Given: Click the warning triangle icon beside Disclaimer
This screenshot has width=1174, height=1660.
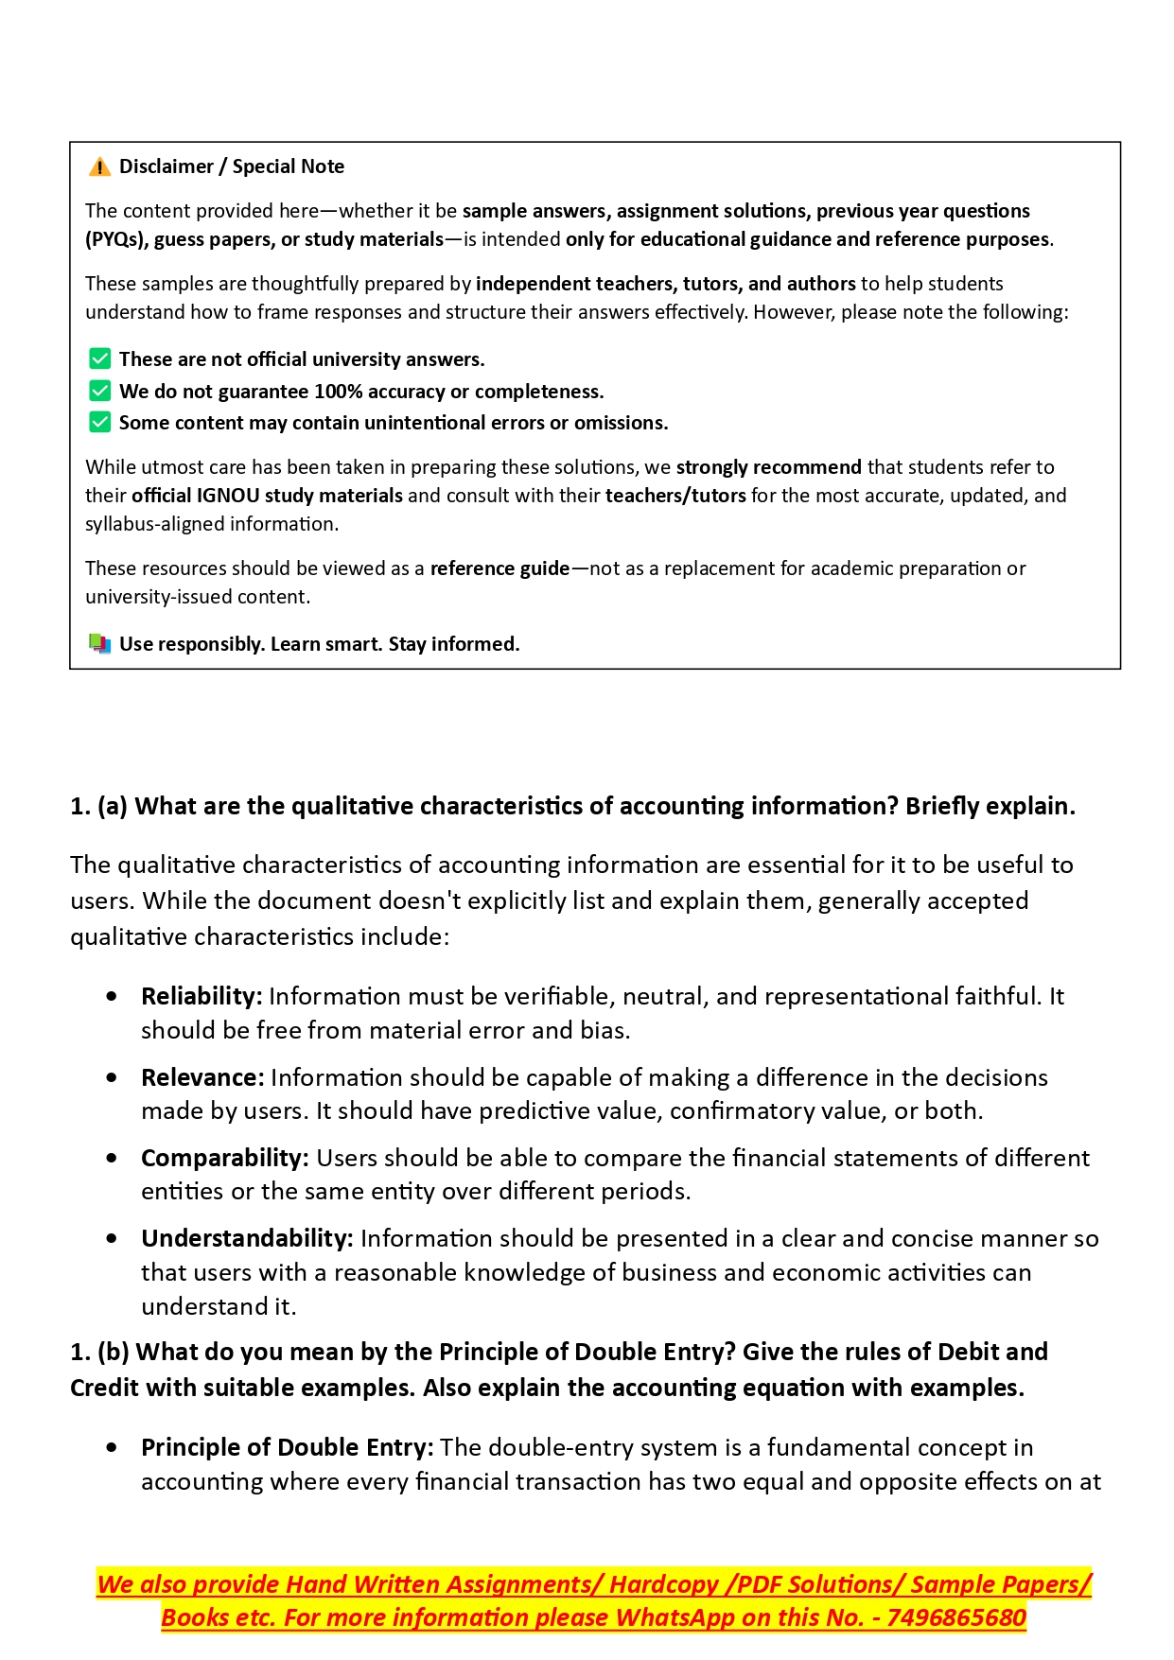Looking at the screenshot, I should (x=99, y=167).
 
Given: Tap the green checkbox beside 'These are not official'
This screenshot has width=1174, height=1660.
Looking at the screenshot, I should (x=99, y=358).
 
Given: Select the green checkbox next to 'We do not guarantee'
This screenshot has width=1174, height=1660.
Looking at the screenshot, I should (x=99, y=391).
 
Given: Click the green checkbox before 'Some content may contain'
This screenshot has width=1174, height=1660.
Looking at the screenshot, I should (x=99, y=422).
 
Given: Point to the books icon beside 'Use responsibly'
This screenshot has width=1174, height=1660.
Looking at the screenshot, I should (x=99, y=644).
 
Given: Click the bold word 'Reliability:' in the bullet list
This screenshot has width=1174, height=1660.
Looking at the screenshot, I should (x=202, y=996).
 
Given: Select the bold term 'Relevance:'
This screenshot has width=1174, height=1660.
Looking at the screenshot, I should (x=202, y=1077).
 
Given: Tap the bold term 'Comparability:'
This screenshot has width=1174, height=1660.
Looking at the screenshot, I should (x=225, y=1158).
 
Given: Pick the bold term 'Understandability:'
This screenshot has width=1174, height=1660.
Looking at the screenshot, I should (x=247, y=1238).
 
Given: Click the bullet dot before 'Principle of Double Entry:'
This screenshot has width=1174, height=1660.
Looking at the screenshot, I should (x=113, y=1447).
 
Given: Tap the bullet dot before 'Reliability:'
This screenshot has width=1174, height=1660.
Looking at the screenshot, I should (x=113, y=996).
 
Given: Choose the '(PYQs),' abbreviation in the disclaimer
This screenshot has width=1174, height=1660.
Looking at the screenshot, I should (x=116, y=239).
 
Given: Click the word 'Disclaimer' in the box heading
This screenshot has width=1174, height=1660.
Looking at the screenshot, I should (x=166, y=166).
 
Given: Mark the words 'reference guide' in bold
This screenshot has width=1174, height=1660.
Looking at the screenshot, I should (x=499, y=568).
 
